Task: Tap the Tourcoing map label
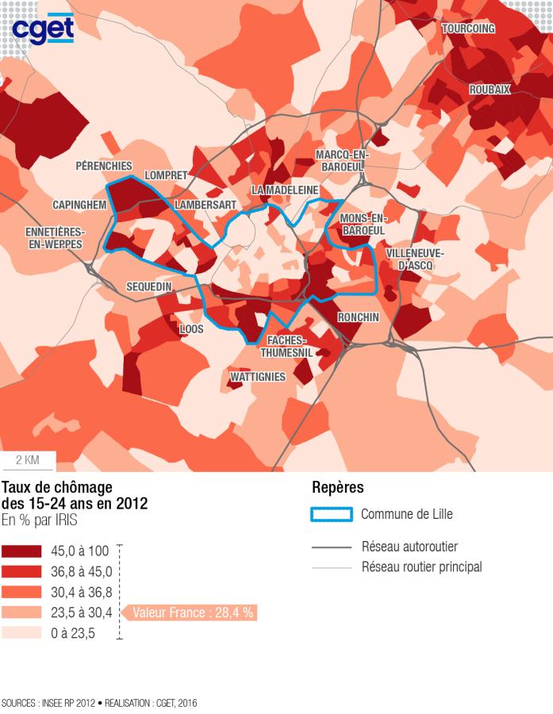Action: [468, 29]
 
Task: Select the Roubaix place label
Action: [490, 90]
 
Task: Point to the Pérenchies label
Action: [104, 166]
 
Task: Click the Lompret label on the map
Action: [166, 175]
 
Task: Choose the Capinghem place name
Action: [79, 205]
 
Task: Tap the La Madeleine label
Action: [285, 190]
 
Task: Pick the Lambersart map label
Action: [205, 205]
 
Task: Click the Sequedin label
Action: [149, 286]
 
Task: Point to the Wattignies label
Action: [256, 377]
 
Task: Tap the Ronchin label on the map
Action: [358, 317]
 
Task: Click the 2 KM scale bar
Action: [28, 460]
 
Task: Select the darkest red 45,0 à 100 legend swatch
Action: [21, 551]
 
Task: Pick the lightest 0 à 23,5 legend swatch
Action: [21, 633]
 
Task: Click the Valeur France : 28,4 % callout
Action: [194, 612]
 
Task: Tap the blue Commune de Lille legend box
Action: [331, 514]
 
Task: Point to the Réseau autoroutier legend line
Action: [331, 547]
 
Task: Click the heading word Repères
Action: [337, 487]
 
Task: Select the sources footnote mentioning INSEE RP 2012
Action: [99, 703]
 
